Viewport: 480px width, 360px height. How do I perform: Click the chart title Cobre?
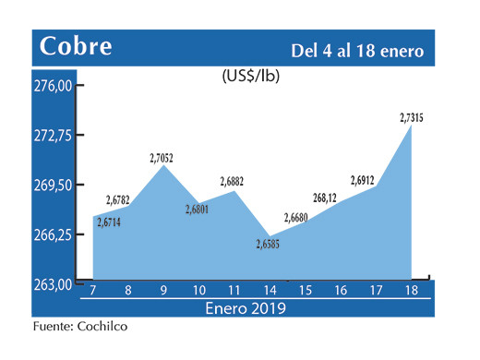[x=78, y=45]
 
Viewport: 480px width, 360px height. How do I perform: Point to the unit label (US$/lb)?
[x=251, y=77]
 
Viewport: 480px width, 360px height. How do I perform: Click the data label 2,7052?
[x=162, y=158]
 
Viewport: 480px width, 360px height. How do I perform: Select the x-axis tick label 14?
[x=269, y=291]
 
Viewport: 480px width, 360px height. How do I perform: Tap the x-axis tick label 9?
[x=162, y=291]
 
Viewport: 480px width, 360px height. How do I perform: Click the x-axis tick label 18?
[x=411, y=291]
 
